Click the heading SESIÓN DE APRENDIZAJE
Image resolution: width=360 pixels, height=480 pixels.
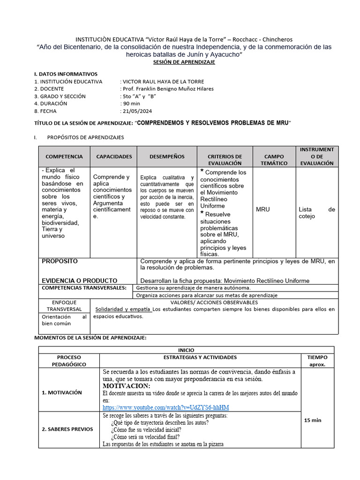click(x=185, y=62)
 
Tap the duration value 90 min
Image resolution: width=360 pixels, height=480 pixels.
click(x=131, y=104)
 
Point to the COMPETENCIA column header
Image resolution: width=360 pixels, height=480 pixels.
click(x=64, y=157)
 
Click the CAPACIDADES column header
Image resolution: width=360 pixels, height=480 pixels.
click(x=114, y=157)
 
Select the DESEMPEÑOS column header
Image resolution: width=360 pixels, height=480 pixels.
click(x=167, y=157)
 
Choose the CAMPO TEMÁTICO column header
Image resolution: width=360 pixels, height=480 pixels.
click(x=274, y=159)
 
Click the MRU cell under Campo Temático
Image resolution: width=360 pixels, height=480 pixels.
click(x=263, y=209)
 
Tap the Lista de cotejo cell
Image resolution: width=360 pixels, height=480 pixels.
click(x=317, y=213)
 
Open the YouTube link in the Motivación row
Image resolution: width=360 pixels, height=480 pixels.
click(x=166, y=407)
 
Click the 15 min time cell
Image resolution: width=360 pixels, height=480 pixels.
click(x=313, y=420)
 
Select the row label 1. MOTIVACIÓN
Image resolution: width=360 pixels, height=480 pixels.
click(x=62, y=392)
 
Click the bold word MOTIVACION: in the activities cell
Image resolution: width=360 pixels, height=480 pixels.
click(x=126, y=386)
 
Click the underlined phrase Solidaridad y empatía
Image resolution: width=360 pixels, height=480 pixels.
click(x=123, y=309)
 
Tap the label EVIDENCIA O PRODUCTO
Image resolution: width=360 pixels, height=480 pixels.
click(x=80, y=280)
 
